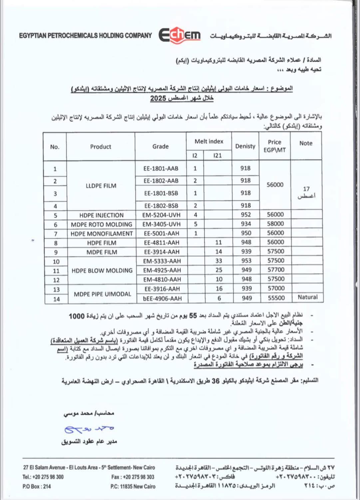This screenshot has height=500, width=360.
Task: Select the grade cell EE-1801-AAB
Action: (x=161, y=169)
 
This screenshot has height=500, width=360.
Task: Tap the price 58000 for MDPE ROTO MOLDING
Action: (x=275, y=224)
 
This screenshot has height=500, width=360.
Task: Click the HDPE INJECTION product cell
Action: (x=101, y=215)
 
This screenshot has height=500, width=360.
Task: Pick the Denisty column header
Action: (x=245, y=146)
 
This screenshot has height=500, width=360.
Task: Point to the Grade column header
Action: (x=161, y=146)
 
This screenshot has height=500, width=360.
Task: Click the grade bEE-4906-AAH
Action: (x=163, y=298)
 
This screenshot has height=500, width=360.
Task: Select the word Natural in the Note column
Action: (x=307, y=297)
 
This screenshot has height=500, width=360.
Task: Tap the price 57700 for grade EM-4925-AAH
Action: (x=276, y=270)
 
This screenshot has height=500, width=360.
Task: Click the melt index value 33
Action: (x=219, y=261)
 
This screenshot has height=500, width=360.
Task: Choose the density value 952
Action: (x=246, y=215)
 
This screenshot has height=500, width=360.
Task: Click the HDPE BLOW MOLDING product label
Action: (x=102, y=270)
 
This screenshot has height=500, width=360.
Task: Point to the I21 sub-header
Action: (x=217, y=155)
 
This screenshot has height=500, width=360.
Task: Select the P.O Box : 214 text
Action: (x=37, y=486)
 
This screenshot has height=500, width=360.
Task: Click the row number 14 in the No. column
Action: (x=56, y=299)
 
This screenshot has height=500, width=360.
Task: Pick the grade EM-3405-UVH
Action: (x=161, y=224)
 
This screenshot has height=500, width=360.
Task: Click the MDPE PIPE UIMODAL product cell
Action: (x=102, y=294)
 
